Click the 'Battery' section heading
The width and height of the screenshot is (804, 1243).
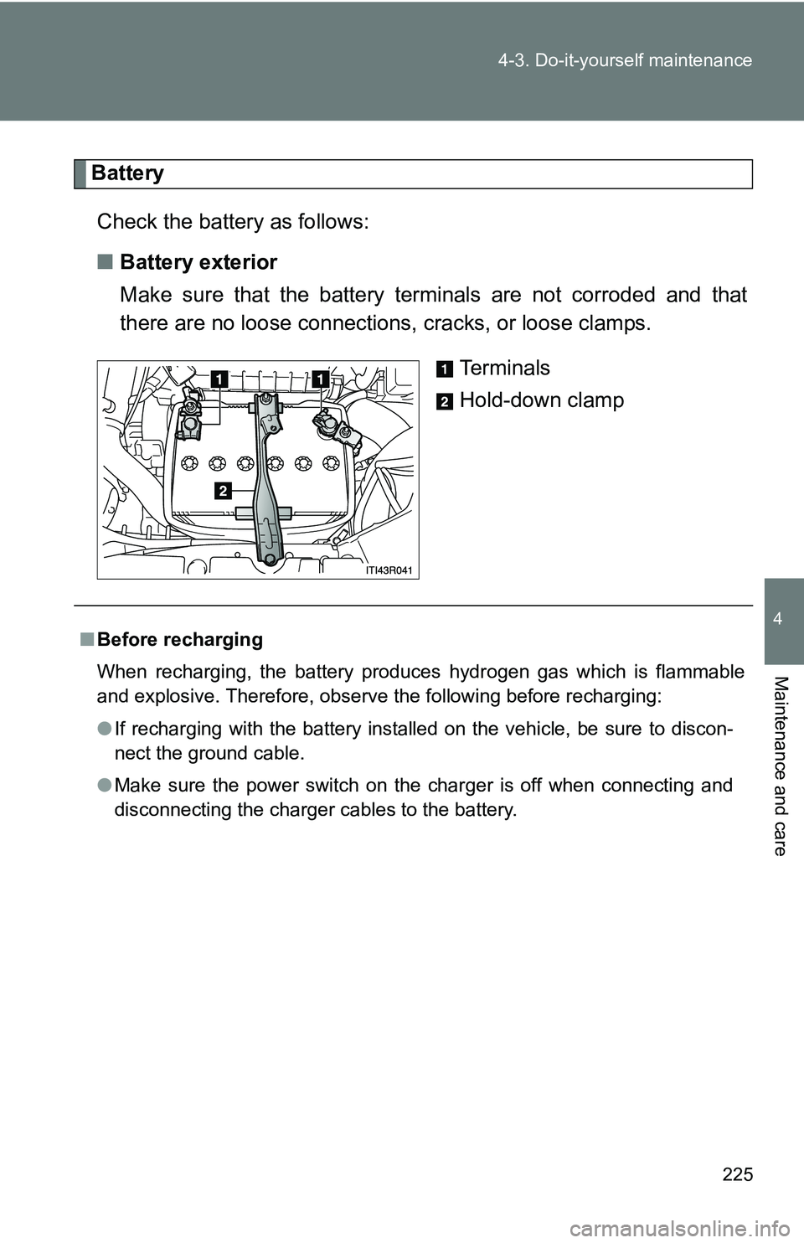point(128,173)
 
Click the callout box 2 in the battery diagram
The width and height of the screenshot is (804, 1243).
point(222,491)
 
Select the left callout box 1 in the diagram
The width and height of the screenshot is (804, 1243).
point(219,379)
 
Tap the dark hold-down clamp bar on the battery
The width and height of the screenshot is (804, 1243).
point(267,477)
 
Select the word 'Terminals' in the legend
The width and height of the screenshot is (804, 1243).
point(504,369)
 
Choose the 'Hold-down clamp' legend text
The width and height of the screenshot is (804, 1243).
point(541,400)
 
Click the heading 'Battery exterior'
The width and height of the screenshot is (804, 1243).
point(198,263)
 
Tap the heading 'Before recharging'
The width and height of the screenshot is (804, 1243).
point(180,640)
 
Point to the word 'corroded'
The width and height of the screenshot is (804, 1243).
point(610,295)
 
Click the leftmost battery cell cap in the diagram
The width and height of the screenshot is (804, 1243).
point(189,462)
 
